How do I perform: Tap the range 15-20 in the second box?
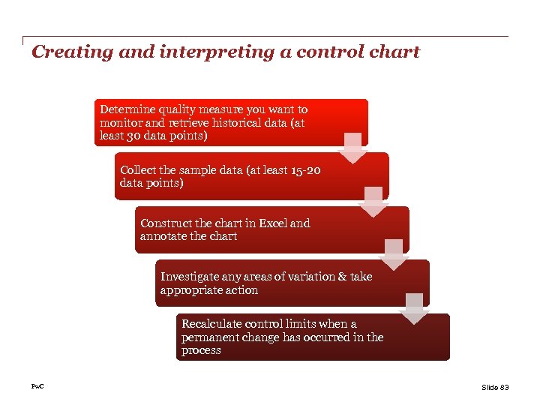pyautogui.click(x=304, y=170)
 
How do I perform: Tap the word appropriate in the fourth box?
pyautogui.click(x=192, y=290)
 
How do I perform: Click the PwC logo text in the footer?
pyautogui.click(x=37, y=386)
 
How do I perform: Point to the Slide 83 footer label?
pyautogui.click(x=494, y=387)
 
